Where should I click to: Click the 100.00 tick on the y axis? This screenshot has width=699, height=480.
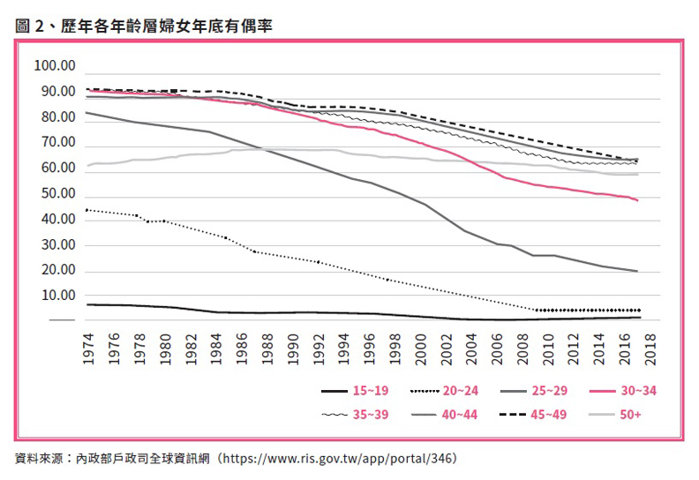55,66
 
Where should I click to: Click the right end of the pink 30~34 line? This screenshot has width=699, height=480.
637,200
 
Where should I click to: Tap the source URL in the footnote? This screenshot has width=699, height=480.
339,459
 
